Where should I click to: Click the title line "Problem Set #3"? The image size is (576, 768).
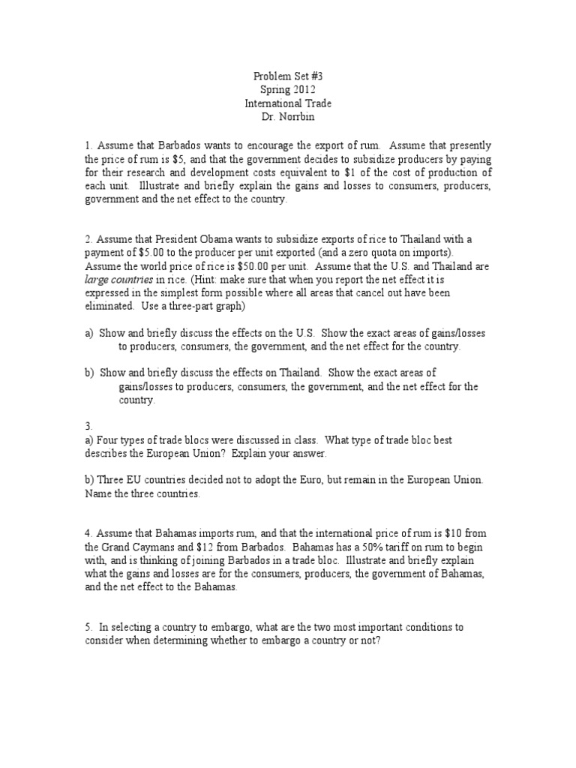[x=287, y=76]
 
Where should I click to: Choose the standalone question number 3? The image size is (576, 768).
[x=88, y=426]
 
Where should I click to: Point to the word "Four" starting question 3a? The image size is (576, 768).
[x=107, y=439]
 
